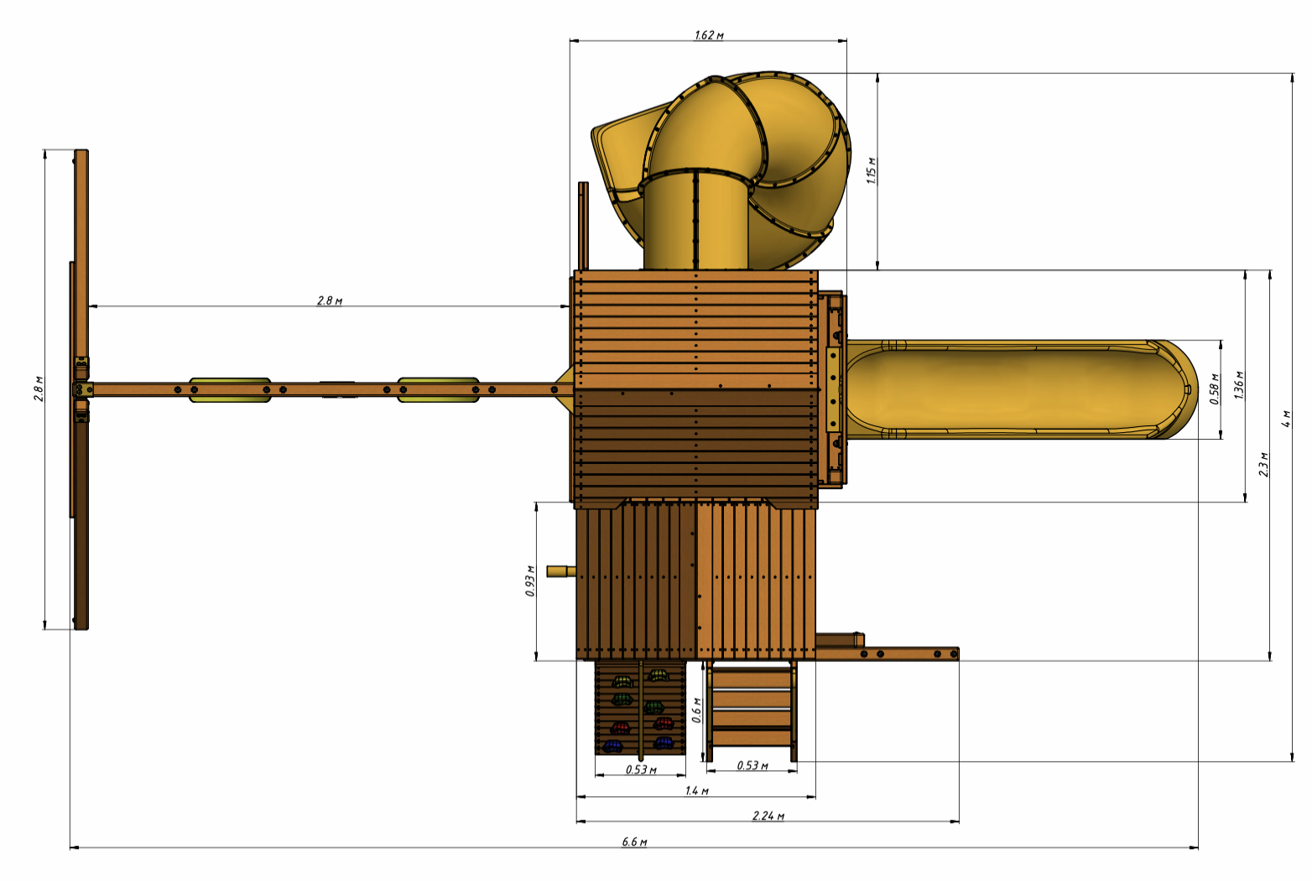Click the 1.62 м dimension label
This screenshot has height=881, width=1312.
click(709, 35)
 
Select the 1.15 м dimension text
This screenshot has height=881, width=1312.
click(872, 170)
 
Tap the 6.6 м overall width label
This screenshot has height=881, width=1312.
click(634, 842)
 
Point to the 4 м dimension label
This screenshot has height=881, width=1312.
click(1286, 418)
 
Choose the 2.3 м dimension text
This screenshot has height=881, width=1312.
click(1264, 465)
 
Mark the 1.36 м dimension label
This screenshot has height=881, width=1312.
click(1239, 385)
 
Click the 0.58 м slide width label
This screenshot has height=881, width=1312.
click(1214, 389)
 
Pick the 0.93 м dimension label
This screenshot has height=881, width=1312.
click(530, 581)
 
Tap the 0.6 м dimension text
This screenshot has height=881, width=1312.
click(696, 710)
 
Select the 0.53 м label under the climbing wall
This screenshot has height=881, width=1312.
click(641, 769)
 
